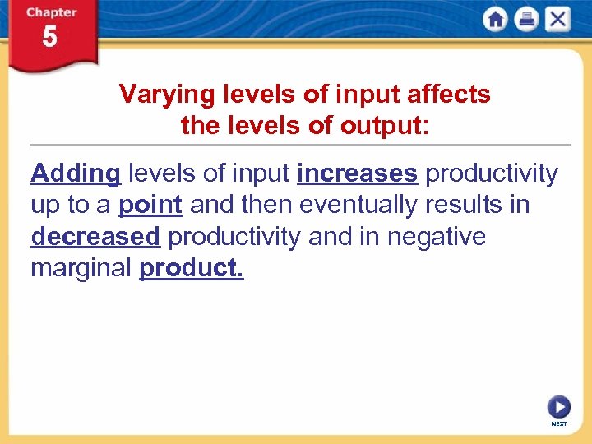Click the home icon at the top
(495, 20)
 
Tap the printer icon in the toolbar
(526, 20)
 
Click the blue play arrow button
(558, 407)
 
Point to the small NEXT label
(558, 424)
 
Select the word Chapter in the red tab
(51, 12)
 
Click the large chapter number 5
(50, 38)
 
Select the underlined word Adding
(76, 173)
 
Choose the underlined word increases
(357, 173)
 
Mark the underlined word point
(150, 205)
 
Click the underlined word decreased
(95, 237)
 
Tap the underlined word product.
(192, 268)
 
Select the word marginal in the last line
(81, 268)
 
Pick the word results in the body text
(462, 205)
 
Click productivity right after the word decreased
(234, 237)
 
